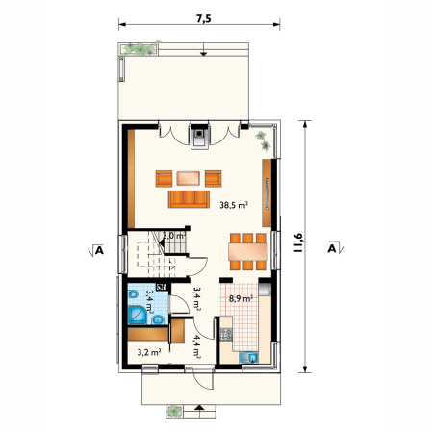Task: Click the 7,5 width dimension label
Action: (204, 19)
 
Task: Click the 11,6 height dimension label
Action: (298, 242)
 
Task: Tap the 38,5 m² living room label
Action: (234, 205)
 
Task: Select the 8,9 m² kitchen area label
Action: (241, 299)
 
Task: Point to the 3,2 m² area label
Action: (149, 352)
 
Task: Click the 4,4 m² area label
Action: (196, 346)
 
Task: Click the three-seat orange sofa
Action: (189, 199)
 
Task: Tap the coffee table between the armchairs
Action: (189, 178)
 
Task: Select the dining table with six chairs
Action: (248, 252)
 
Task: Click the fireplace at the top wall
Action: (199, 136)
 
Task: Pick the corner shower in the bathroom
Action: (138, 315)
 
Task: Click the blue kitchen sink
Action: (249, 357)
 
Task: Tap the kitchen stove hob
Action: (226, 334)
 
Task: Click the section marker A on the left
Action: (96, 250)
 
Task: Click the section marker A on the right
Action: (336, 247)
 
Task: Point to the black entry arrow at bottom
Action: (199, 408)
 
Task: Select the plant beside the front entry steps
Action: (174, 411)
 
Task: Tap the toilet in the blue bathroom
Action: (133, 294)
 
